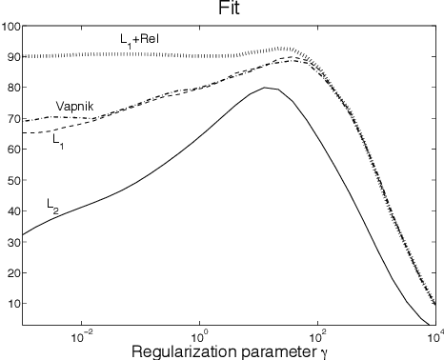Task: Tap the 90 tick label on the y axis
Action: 12,57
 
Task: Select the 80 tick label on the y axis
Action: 12,89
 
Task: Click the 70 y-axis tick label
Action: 12,119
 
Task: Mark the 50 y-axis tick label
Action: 12,181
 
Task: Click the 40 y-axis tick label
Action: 12,211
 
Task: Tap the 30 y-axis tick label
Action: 12,243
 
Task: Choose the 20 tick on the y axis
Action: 12,273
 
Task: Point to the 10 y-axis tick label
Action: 12,304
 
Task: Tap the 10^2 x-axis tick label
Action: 317,334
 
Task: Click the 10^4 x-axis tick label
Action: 432,334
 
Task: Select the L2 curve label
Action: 53,204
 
